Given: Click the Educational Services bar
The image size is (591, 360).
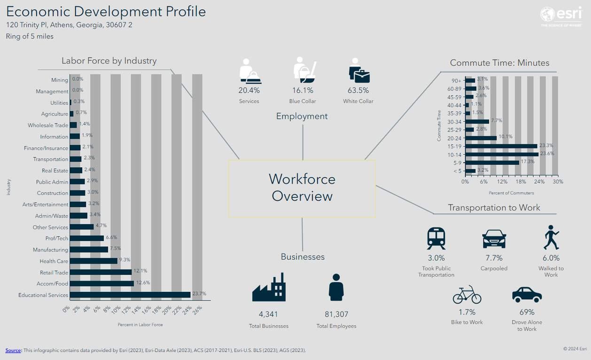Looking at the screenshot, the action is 130,295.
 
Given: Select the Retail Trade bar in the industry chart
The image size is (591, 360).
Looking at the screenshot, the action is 101,272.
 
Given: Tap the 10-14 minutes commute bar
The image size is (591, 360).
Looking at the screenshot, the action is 502,154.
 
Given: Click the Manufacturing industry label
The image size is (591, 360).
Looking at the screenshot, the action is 50,250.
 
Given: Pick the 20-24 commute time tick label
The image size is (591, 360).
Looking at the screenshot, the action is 455,138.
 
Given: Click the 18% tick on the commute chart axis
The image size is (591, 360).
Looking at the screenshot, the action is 521,182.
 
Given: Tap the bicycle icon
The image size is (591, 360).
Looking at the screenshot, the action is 467,295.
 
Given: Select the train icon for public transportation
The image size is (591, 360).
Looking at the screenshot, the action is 436,238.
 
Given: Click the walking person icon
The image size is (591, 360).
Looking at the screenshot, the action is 551,237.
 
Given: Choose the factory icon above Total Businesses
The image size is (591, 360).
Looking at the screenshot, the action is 269,287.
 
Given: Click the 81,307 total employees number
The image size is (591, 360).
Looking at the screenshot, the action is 336,314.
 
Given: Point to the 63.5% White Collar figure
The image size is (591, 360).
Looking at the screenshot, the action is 358,90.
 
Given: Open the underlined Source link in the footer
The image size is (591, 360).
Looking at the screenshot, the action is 13,350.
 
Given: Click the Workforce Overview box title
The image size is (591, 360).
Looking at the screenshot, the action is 302,187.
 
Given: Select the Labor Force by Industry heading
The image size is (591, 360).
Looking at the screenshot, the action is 109,61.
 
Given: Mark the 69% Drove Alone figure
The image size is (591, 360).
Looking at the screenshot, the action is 527,312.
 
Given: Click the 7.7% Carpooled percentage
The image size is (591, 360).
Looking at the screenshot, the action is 494,258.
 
